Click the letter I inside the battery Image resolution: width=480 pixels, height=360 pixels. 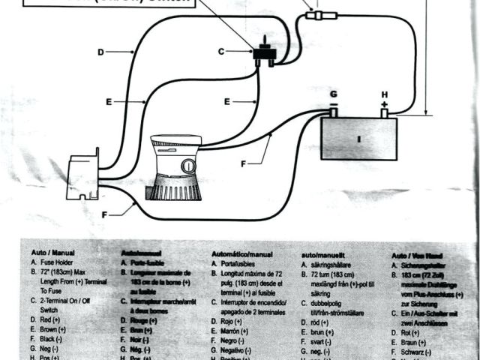358,139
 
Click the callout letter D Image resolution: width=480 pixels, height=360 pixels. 101,52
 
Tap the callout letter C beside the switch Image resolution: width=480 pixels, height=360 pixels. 221,51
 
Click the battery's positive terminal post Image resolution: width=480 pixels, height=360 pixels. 384,112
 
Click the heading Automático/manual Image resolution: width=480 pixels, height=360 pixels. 241,254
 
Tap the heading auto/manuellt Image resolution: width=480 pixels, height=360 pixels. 323,254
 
